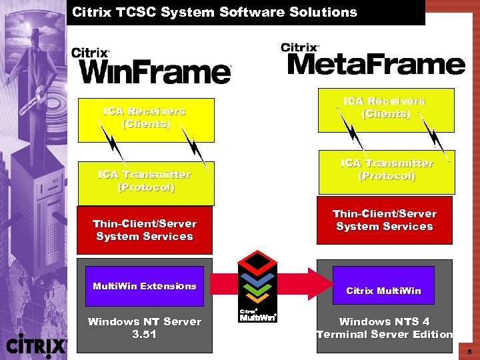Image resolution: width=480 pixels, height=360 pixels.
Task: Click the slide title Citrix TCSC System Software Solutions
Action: point(215,12)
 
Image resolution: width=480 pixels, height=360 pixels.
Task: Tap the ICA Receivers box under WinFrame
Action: point(146,119)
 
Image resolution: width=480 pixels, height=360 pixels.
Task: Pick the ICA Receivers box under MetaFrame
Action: point(385,108)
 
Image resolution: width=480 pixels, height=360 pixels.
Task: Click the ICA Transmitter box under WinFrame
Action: point(146,181)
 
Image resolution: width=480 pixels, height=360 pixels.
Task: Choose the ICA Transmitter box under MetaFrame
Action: point(386,170)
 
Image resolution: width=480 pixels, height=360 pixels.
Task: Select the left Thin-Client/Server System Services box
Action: point(145,230)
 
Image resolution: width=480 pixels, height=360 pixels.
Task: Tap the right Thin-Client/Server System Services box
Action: point(385,220)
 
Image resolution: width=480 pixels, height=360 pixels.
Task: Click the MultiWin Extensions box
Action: point(145,286)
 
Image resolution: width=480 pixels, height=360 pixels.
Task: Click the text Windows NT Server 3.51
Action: point(145,328)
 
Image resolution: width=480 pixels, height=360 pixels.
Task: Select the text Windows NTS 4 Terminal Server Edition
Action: point(385,328)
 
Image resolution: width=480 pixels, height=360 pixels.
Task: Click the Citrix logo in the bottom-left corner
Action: point(36,345)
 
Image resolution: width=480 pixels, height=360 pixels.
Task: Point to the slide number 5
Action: point(469,351)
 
